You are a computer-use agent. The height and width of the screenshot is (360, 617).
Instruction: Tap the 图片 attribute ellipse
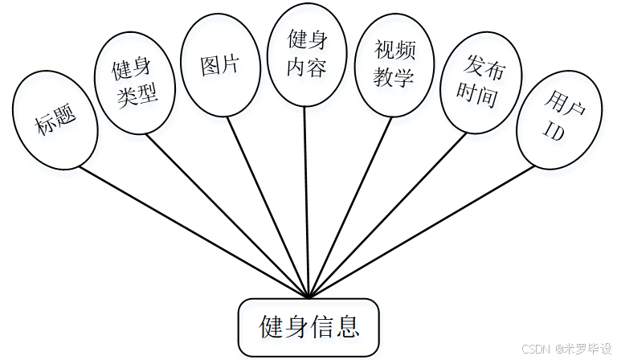pyautogui.click(x=219, y=65)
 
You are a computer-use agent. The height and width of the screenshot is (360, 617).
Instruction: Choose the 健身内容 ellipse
pyautogui.click(x=307, y=54)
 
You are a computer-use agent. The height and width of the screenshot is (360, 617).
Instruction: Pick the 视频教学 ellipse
pyautogui.click(x=394, y=65)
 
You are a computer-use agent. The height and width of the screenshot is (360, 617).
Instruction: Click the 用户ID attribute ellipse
pyautogui.click(x=556, y=118)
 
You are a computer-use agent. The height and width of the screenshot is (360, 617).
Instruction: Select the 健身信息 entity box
pyautogui.click(x=308, y=326)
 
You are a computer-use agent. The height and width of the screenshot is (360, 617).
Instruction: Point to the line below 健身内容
pyautogui.click(x=306, y=201)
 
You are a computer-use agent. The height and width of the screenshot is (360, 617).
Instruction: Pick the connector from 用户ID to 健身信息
pyautogui.click(x=422, y=231)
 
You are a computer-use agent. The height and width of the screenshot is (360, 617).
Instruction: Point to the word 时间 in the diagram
pyautogui.click(x=477, y=96)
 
